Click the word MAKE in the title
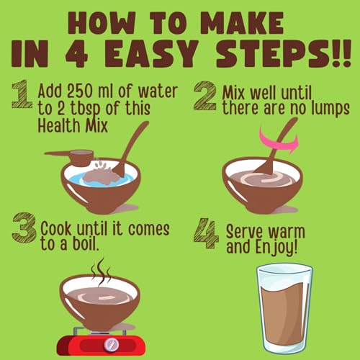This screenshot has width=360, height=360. [243, 23]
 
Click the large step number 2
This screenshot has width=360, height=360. [204, 96]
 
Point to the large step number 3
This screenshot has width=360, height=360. [24, 227]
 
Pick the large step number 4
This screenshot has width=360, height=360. [206, 233]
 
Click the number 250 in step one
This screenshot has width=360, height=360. [80, 91]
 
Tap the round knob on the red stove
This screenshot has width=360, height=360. [111, 344]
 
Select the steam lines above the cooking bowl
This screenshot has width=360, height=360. [101, 272]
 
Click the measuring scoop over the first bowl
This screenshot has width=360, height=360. [70, 157]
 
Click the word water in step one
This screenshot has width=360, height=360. [158, 91]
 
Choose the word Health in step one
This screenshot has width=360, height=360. [59, 125]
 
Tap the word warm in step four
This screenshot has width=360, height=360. [287, 232]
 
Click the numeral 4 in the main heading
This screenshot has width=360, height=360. [76, 53]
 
